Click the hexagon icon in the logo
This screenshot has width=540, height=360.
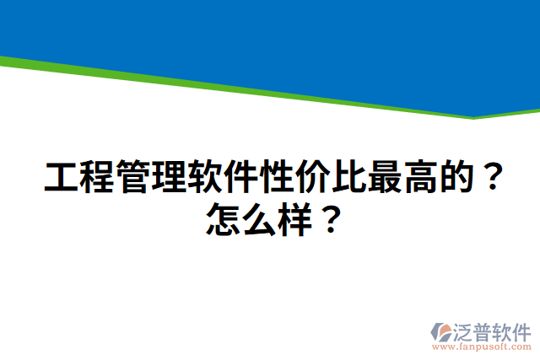tap(442, 331)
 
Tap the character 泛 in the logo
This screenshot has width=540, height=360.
tap(465, 330)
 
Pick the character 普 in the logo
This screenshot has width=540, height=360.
tap(487, 330)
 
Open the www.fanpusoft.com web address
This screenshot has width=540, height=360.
tap(482, 347)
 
